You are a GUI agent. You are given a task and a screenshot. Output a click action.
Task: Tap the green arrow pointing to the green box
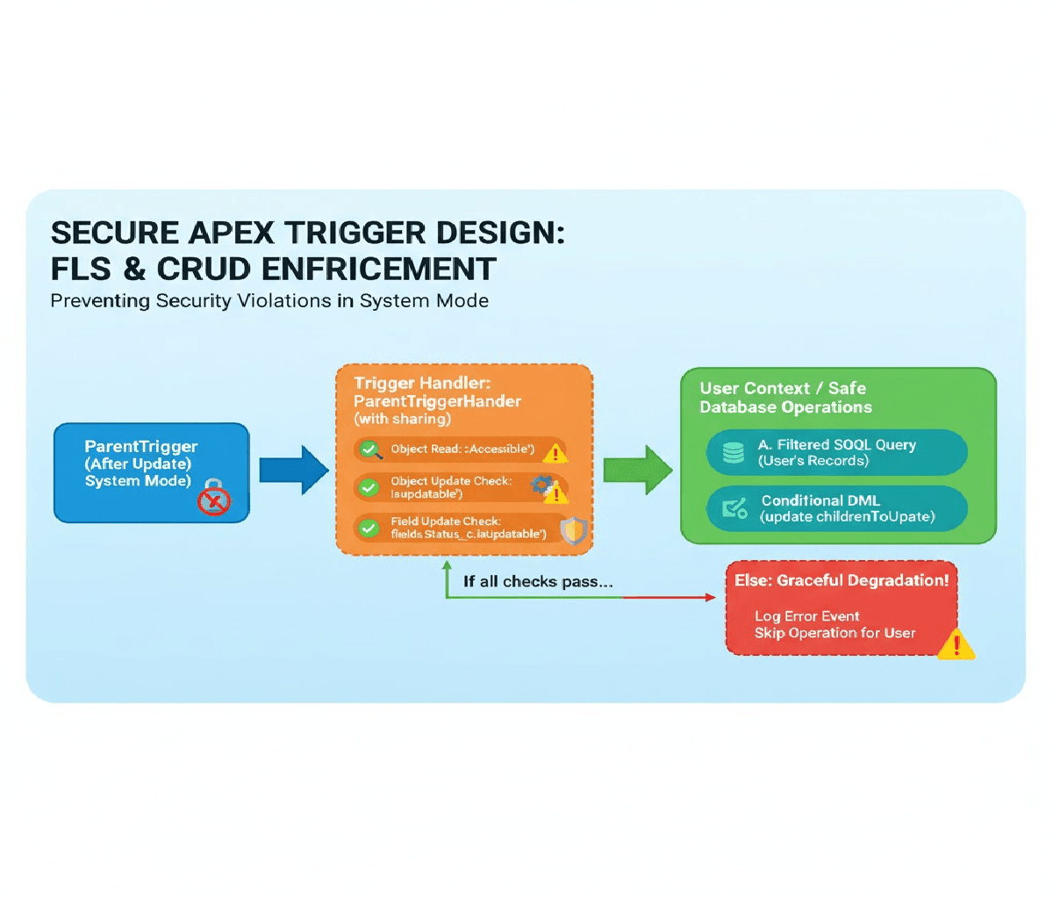[637, 470]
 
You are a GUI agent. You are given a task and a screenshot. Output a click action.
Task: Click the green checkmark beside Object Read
[369, 450]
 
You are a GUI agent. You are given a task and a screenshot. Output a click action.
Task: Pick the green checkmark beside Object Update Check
[369, 486]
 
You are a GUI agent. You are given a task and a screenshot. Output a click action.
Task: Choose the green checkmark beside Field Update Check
[369, 527]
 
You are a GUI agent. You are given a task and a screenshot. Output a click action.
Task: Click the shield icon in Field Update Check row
[573, 530]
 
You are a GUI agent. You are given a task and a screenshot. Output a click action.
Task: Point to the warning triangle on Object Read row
[555, 453]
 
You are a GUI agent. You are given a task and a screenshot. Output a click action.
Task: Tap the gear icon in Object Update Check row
[541, 483]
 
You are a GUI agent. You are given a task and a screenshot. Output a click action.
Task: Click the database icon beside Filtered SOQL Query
[733, 452]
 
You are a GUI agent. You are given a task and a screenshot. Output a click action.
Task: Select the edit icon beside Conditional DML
[734, 508]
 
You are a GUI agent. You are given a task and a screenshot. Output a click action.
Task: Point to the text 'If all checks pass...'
[537, 581]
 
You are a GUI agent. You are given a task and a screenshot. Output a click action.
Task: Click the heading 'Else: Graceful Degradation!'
[841, 580]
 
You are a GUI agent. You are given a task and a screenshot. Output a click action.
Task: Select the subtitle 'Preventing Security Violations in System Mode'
[269, 301]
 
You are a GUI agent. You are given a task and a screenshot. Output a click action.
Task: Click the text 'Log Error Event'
[806, 616]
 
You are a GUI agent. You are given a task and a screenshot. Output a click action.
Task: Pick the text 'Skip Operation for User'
[835, 633]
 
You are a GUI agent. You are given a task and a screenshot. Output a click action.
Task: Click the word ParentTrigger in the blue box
[141, 447]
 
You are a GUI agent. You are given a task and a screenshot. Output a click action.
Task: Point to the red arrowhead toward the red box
[710, 598]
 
